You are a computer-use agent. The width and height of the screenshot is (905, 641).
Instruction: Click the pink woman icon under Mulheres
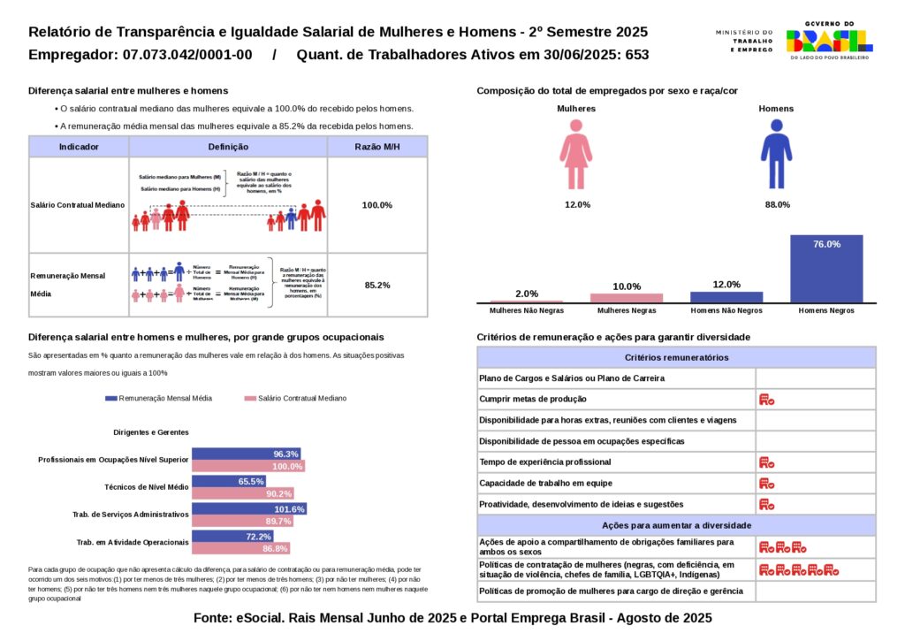point(575,154)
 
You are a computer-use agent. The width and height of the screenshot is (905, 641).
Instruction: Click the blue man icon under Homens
point(776,154)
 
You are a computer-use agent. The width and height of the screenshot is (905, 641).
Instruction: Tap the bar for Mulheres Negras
point(627,298)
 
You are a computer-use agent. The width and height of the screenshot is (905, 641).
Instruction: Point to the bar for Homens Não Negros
point(726,297)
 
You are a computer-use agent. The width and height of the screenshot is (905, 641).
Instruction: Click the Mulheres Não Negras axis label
point(527,311)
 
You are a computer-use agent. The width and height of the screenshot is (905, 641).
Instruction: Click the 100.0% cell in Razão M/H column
point(377,205)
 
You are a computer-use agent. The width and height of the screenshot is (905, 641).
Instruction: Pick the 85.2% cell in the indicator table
point(377,285)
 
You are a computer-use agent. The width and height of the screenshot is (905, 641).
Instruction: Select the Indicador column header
point(79,147)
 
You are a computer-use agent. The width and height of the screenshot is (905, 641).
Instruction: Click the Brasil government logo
point(829,40)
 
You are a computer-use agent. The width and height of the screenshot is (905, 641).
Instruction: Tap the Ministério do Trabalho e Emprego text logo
point(744,41)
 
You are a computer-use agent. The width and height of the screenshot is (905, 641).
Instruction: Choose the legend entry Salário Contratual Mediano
point(295,399)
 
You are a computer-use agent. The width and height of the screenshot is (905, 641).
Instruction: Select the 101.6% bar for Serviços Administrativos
point(249,509)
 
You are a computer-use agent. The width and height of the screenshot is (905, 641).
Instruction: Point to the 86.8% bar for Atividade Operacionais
point(240,549)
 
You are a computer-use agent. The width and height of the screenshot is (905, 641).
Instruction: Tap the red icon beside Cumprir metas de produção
point(766,400)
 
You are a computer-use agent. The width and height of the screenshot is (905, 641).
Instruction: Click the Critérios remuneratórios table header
point(676,357)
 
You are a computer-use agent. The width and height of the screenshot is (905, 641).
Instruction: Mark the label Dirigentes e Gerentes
point(151,432)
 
